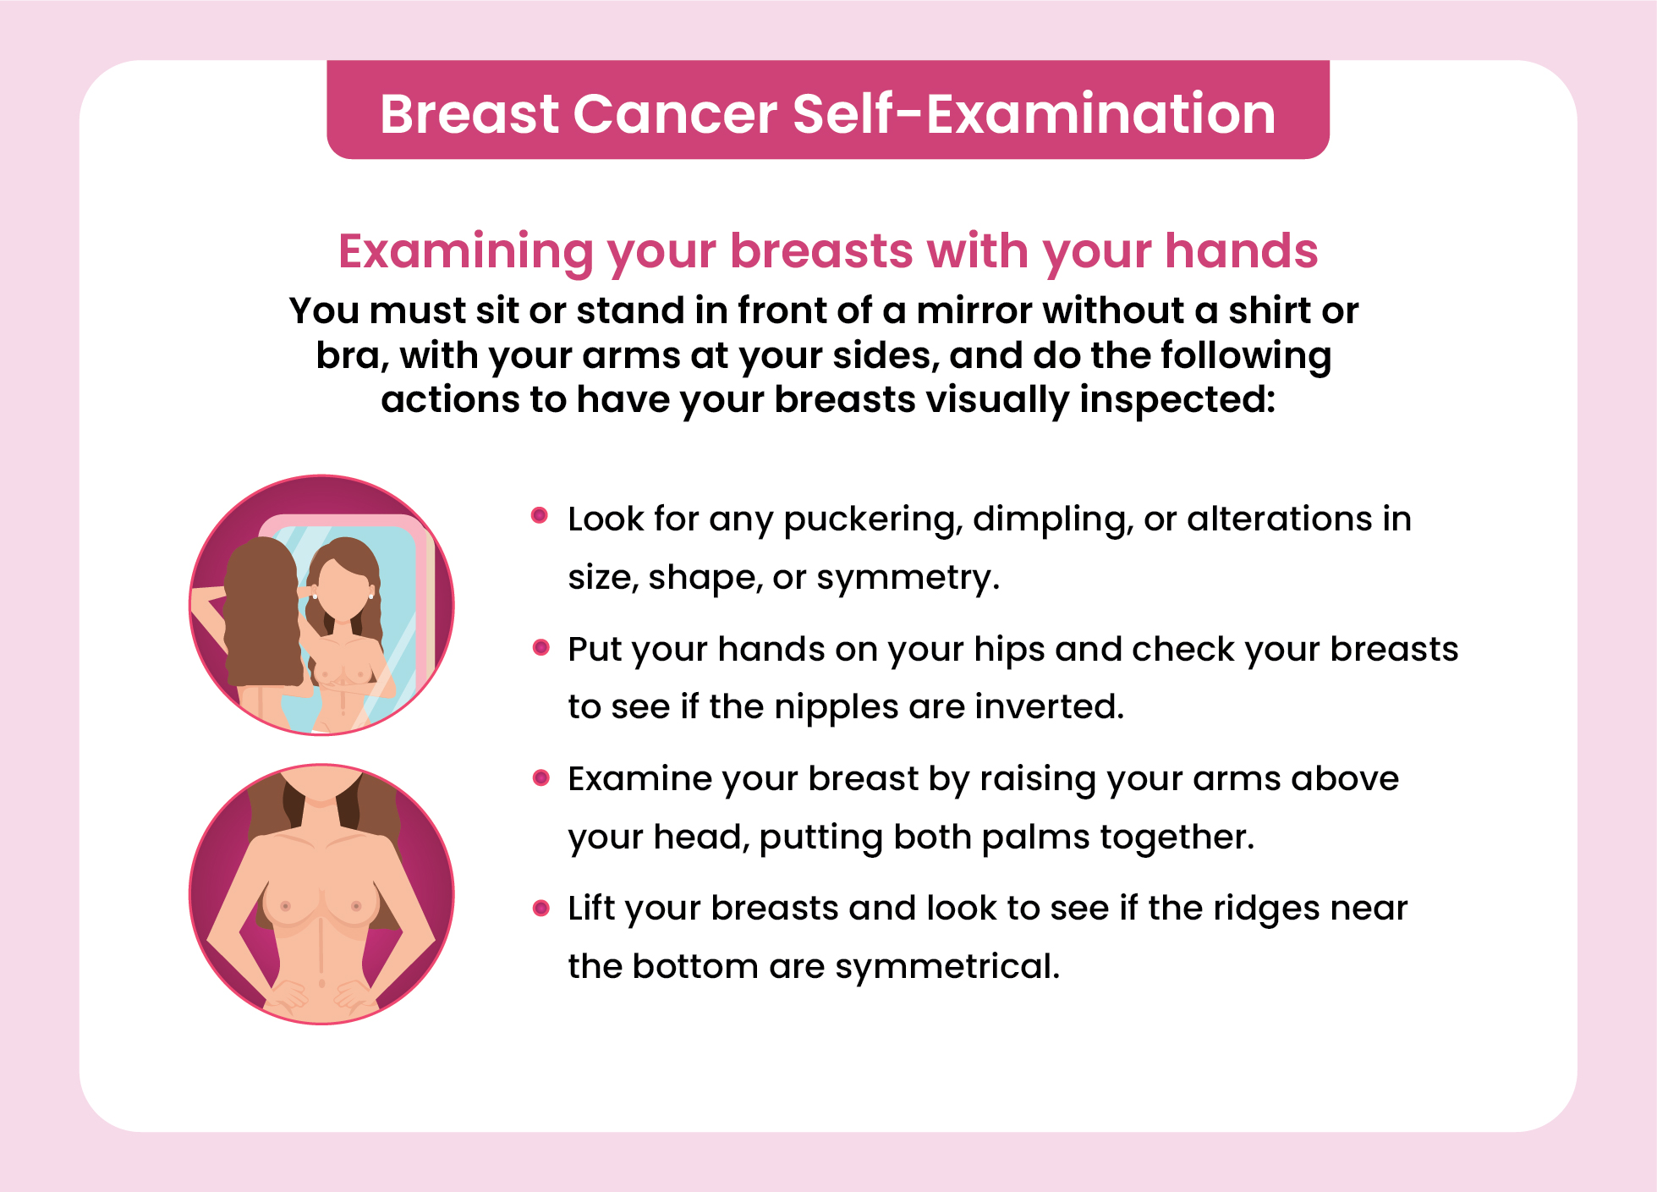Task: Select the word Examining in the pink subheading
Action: (x=466, y=252)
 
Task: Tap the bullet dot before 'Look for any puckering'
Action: (x=540, y=515)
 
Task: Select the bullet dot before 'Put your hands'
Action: (x=541, y=648)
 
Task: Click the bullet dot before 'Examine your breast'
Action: (x=541, y=777)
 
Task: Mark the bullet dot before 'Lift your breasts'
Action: (x=541, y=909)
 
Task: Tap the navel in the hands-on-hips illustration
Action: (x=321, y=983)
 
